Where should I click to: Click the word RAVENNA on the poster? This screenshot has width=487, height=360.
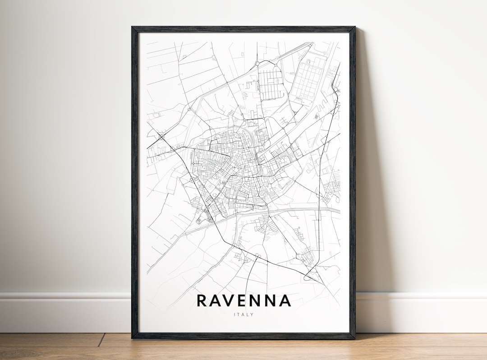[243, 301]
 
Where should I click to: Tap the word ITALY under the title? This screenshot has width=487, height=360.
[244, 314]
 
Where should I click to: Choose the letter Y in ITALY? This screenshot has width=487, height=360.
[252, 314]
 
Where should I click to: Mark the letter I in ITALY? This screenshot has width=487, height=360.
[235, 314]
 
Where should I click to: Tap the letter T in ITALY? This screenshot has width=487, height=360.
[239, 314]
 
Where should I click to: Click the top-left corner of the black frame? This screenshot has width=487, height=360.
[133, 28]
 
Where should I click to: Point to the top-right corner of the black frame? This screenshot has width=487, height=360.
[354, 28]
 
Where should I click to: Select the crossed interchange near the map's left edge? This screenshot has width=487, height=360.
[161, 136]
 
